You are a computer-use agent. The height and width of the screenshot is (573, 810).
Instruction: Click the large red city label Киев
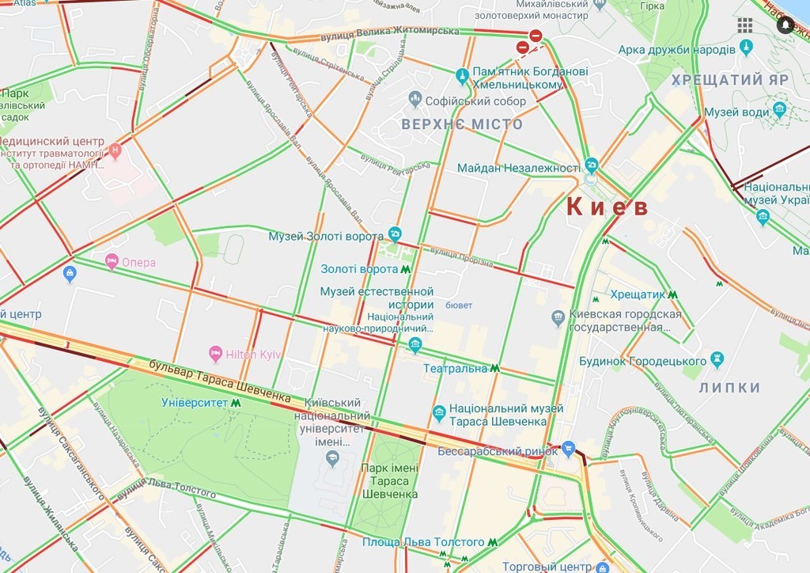click(x=607, y=207)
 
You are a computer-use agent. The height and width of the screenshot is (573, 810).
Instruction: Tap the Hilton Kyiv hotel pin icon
click(x=214, y=353)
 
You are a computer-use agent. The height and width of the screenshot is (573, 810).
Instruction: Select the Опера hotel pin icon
click(x=112, y=261)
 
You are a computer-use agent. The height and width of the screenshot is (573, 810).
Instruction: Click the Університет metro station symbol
click(x=236, y=403)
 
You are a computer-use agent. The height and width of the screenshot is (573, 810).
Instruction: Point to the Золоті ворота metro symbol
click(x=405, y=269)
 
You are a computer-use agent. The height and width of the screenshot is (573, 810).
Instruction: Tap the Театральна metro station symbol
click(x=494, y=368)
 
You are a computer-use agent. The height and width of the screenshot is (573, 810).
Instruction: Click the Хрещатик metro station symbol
click(x=672, y=294)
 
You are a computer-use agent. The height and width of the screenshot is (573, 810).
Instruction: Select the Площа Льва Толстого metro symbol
click(x=493, y=542)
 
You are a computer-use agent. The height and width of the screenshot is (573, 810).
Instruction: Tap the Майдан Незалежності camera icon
click(x=592, y=166)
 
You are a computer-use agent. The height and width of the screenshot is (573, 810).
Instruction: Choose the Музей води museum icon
click(x=780, y=110)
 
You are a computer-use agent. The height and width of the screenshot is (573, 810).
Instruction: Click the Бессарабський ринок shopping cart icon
click(x=567, y=450)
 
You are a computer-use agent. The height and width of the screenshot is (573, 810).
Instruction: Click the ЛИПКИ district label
click(x=730, y=388)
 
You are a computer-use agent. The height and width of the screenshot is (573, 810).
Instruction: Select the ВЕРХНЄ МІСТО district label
click(x=462, y=125)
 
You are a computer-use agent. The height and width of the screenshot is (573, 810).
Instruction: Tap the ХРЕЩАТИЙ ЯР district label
click(x=729, y=81)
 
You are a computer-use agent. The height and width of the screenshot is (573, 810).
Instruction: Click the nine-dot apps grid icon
click(x=744, y=25)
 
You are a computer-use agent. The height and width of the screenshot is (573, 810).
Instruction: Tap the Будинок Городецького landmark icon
click(x=717, y=359)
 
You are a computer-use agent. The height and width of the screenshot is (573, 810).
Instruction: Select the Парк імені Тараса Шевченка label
click(x=389, y=480)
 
